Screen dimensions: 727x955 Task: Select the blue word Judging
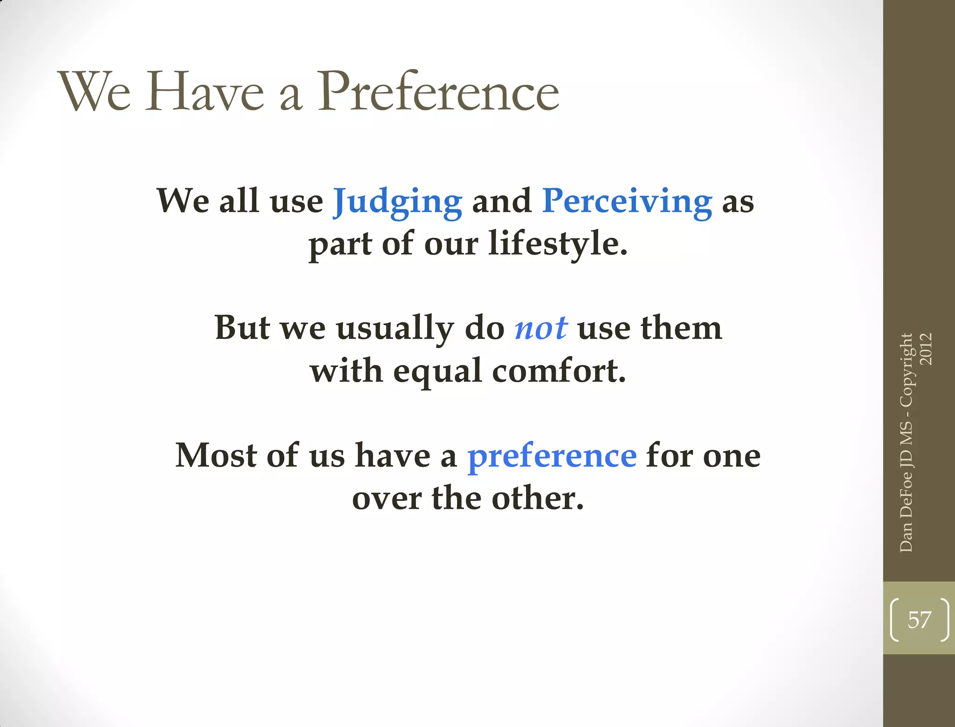397,201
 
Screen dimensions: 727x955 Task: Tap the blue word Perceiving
627,201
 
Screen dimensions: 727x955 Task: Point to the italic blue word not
541,328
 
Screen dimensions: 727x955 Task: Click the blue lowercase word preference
552,456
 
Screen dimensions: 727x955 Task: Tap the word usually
394,329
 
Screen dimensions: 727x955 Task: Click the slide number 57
919,620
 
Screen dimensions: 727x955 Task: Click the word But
242,328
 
